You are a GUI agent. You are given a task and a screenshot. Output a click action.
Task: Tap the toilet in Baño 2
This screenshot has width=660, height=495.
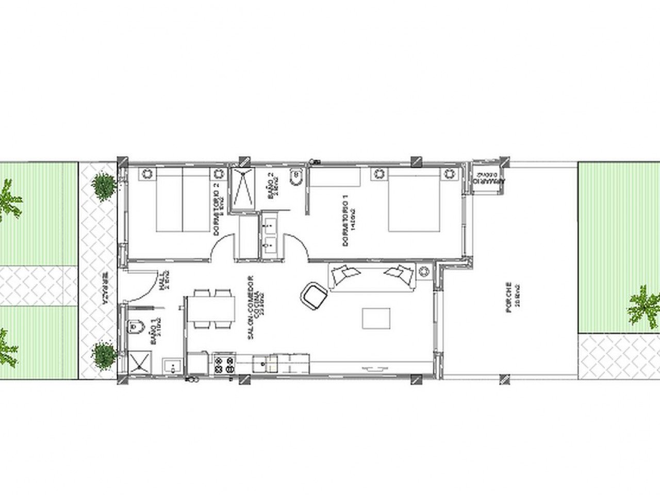[x=296, y=178]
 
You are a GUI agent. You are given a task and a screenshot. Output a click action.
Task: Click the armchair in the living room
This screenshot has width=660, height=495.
[x=315, y=296]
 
